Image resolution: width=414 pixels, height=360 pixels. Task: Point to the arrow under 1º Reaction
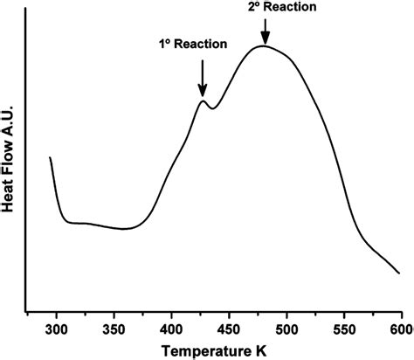pyautogui.click(x=203, y=79)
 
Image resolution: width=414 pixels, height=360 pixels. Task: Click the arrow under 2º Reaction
pyautogui.click(x=264, y=31)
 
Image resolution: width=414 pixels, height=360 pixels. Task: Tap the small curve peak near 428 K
pyautogui.click(x=203, y=101)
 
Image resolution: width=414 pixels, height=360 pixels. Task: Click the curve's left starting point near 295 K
pyautogui.click(x=50, y=158)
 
